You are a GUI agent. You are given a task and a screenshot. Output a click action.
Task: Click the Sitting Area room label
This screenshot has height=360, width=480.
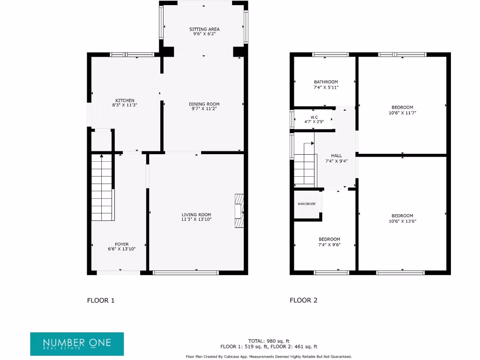204,29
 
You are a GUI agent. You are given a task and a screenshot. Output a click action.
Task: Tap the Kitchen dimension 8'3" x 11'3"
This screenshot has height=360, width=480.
125,105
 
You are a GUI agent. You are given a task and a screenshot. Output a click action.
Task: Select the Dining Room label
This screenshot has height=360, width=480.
204,104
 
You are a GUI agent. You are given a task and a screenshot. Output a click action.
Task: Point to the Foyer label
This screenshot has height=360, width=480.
122,244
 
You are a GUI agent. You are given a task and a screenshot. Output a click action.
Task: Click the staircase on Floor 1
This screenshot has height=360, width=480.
102,187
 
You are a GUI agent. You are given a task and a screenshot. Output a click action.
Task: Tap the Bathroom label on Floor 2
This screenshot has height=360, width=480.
326,82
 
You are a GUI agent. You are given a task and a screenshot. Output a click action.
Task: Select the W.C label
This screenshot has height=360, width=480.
314,117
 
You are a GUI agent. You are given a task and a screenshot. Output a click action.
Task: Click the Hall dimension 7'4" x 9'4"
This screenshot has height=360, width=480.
336,161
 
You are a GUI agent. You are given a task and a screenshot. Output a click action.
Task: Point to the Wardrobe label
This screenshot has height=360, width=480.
307,204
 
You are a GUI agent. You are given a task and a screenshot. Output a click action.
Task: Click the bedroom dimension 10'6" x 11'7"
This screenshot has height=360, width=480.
402,113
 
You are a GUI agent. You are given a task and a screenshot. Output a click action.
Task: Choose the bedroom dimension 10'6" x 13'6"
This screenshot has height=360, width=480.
402,221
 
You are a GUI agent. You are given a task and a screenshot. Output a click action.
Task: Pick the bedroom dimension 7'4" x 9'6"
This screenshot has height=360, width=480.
329,245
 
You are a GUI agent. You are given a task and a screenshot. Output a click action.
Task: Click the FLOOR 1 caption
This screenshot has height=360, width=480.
101,300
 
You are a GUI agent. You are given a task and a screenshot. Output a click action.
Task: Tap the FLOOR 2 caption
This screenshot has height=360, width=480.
303,300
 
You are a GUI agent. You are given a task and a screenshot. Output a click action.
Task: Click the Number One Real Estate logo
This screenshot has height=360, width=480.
77,344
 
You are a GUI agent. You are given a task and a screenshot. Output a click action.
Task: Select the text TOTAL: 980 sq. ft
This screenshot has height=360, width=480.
269,341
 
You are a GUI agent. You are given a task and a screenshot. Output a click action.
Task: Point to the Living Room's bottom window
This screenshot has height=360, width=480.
186,272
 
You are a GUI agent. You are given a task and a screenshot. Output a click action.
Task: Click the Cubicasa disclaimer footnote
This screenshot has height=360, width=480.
269,357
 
